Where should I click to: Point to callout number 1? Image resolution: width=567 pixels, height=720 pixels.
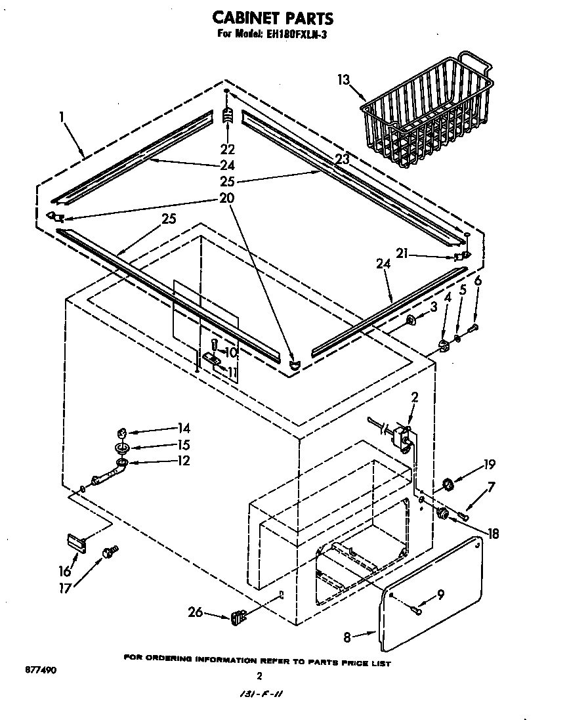[61, 117]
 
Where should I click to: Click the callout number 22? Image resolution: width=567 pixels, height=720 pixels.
[228, 149]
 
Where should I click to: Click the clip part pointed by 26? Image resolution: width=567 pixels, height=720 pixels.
[238, 616]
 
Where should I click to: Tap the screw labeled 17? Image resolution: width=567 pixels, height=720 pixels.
[110, 554]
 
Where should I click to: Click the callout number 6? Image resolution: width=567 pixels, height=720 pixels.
[478, 280]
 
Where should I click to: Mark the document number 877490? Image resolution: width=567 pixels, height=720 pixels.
[40, 670]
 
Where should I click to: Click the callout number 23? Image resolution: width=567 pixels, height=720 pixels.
[342, 159]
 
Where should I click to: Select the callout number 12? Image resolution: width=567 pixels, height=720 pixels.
[183, 461]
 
